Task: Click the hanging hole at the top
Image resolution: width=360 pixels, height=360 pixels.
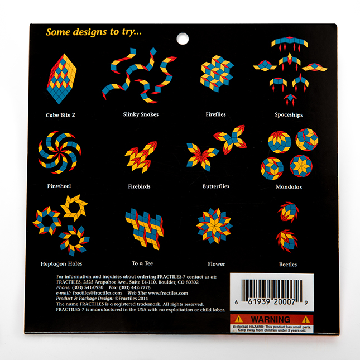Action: (x=183, y=39)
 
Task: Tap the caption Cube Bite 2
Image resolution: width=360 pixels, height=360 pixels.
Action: (x=60, y=115)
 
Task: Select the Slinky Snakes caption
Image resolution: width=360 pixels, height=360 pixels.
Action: (x=141, y=114)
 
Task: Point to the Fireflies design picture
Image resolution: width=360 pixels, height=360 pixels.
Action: (x=217, y=74)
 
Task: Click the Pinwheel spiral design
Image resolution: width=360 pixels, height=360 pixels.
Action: (x=60, y=152)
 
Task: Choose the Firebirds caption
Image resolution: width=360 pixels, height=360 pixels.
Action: (x=139, y=186)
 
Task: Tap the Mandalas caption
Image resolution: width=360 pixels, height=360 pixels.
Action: (x=289, y=186)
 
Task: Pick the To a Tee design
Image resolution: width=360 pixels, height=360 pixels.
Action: (x=145, y=229)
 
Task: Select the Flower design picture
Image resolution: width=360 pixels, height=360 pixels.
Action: (x=214, y=226)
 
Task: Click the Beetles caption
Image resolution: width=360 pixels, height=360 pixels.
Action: (x=288, y=265)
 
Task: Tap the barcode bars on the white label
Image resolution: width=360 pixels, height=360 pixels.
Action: (x=272, y=290)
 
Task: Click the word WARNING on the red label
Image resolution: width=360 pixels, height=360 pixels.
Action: (x=271, y=319)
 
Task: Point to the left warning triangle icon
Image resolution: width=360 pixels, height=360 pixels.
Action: (x=239, y=319)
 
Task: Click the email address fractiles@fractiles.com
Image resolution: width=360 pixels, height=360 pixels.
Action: (x=97, y=293)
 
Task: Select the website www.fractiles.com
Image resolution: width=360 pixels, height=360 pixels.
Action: (x=168, y=293)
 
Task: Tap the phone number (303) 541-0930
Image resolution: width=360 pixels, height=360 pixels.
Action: (x=88, y=287)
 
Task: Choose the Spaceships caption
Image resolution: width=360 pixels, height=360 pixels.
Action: (x=289, y=114)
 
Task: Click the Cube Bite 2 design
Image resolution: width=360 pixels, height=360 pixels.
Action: (x=61, y=79)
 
